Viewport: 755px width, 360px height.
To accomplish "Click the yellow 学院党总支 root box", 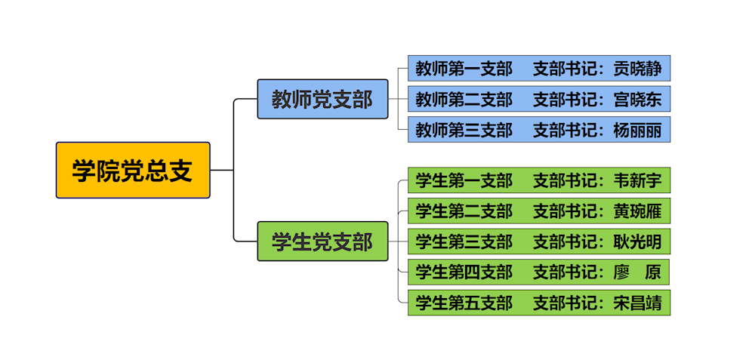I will [x=133, y=171].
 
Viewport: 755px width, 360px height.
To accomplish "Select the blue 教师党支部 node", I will [x=322, y=99].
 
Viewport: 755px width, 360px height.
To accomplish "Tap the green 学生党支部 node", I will [x=322, y=242].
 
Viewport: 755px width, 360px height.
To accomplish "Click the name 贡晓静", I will [x=637, y=69].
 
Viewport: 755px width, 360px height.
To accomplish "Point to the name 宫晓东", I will [x=637, y=99].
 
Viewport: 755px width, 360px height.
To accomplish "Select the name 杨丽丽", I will [x=637, y=130].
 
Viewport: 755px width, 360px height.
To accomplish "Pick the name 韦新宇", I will [x=637, y=180].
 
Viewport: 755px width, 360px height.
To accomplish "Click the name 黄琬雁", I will [x=637, y=211].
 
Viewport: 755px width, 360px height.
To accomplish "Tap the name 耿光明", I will [x=637, y=242].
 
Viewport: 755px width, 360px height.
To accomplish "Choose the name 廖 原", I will [x=637, y=272].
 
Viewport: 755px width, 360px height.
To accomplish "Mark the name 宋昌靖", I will [x=637, y=303].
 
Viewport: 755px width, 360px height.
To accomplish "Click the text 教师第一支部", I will [x=464, y=69].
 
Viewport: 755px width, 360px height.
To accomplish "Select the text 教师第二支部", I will [x=464, y=99].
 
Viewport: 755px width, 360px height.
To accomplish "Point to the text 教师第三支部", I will [x=464, y=130].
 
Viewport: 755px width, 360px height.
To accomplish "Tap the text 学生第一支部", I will [x=464, y=180].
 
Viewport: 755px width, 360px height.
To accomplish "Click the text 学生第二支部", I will [x=464, y=211].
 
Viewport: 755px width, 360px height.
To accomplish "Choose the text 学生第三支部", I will [x=464, y=242].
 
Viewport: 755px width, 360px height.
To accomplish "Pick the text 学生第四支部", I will [x=464, y=272].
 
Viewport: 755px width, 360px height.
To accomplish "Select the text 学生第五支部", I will [x=464, y=303].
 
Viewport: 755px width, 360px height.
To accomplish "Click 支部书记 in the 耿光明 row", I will [x=566, y=242].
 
